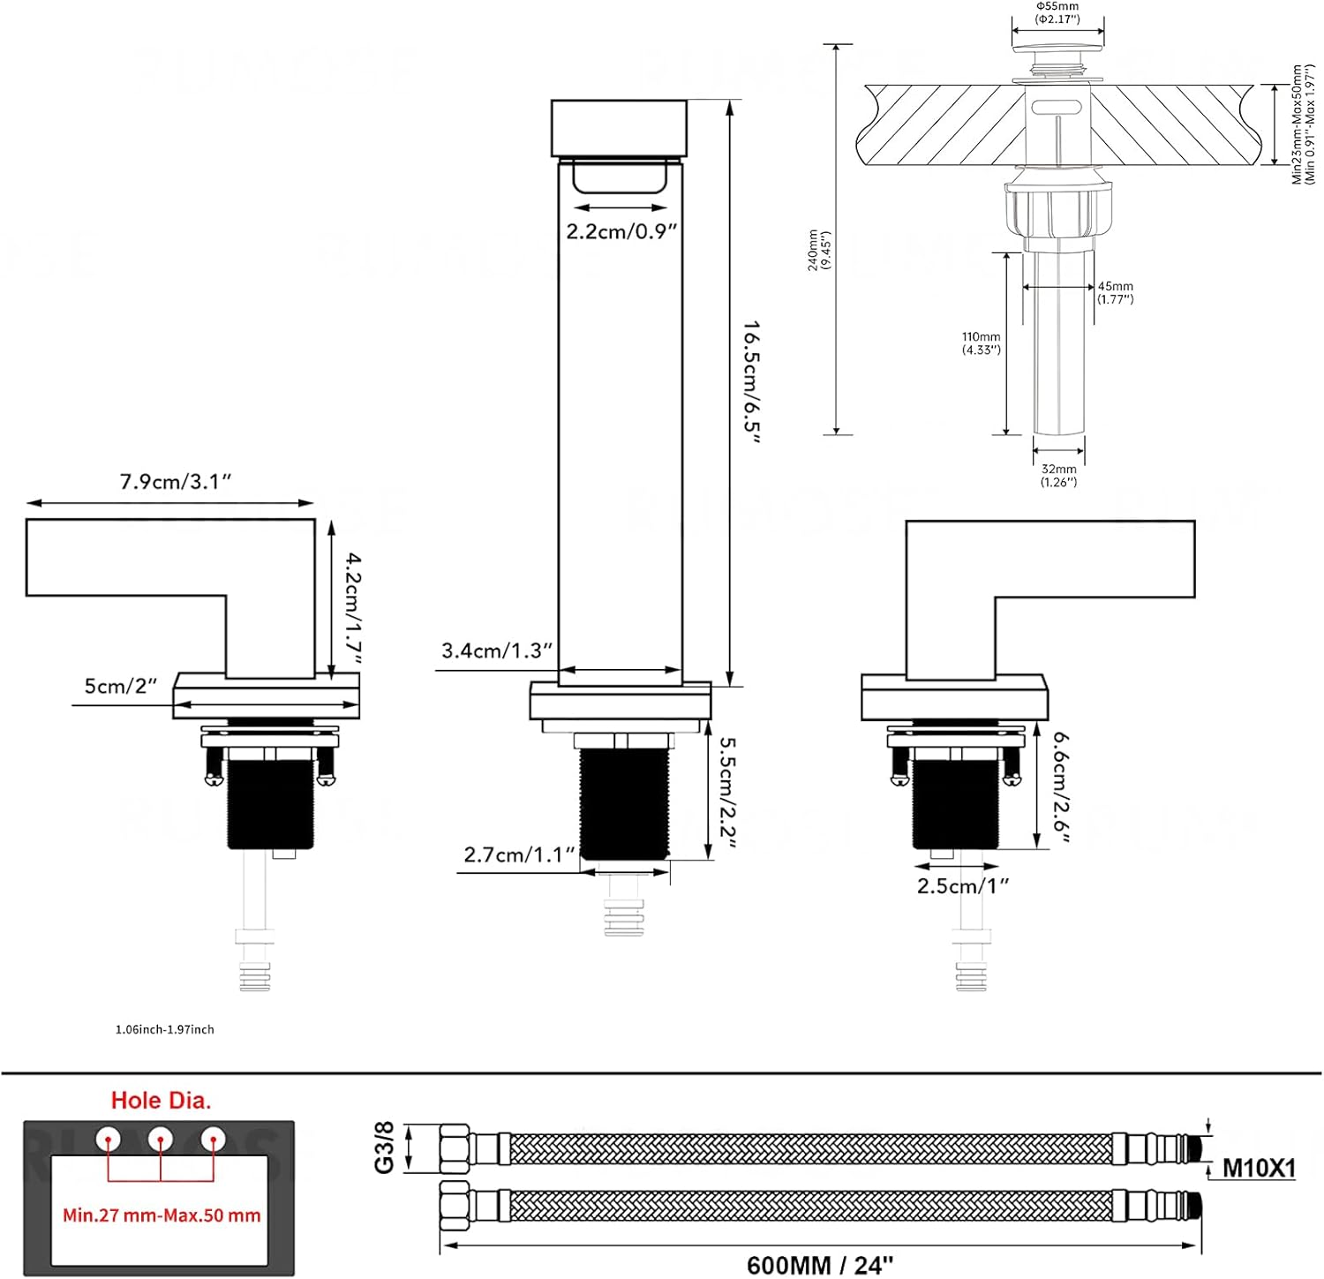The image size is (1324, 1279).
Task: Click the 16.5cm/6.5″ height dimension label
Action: (751, 381)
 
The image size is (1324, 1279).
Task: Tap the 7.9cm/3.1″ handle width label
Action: (176, 482)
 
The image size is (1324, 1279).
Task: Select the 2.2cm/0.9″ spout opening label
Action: (621, 232)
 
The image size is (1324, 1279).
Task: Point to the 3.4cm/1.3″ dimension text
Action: (496, 651)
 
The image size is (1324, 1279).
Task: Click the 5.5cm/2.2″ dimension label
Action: (727, 792)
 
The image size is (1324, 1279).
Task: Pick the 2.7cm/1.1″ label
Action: (519, 855)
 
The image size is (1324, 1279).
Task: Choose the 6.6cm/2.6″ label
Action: (1060, 786)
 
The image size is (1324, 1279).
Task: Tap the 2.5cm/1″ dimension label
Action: (962, 886)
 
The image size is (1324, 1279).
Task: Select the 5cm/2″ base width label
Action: (120, 686)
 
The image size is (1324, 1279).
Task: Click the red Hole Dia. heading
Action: (162, 1101)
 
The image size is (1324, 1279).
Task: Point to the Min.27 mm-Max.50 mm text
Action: (162, 1215)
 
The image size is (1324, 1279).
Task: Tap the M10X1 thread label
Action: (1259, 1169)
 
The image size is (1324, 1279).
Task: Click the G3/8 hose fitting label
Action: (385, 1147)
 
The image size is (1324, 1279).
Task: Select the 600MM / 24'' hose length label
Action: (820, 1265)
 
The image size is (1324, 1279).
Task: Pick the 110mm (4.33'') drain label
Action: (981, 343)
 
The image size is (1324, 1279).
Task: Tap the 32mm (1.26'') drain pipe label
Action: (1058, 475)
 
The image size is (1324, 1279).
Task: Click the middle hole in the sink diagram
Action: (160, 1139)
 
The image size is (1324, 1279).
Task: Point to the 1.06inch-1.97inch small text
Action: (164, 1029)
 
